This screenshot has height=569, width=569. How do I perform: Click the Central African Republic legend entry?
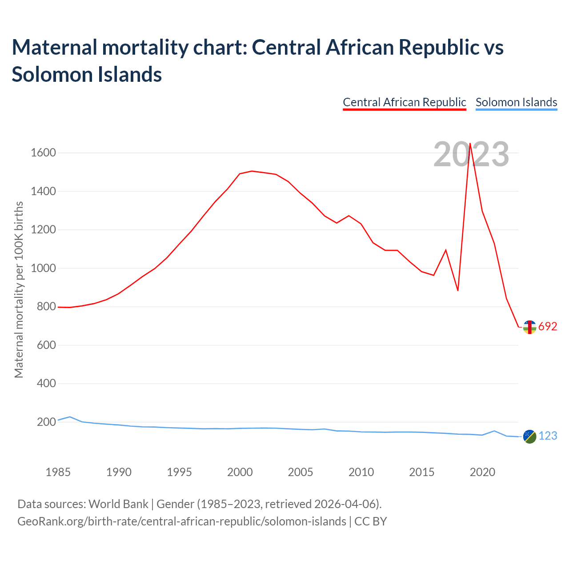click(404, 102)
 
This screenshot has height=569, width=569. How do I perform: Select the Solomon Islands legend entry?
click(516, 102)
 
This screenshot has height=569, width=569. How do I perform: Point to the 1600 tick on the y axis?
click(43, 153)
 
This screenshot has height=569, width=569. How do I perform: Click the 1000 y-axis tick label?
click(43, 268)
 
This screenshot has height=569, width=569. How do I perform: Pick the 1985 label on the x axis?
click(58, 472)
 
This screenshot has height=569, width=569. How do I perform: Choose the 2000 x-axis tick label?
click(240, 472)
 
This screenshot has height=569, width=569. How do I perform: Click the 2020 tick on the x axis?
click(482, 472)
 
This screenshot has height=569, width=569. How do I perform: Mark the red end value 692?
click(548, 327)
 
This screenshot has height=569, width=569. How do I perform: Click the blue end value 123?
click(548, 436)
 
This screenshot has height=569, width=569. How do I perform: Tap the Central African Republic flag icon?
click(529, 327)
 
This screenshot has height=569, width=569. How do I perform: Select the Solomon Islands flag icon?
click(529, 437)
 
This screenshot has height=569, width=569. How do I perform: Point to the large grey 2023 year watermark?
click(471, 155)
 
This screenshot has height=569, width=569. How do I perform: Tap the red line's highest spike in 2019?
click(470, 144)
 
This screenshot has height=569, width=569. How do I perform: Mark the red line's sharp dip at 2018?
click(458, 290)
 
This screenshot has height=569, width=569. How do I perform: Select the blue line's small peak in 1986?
click(70, 417)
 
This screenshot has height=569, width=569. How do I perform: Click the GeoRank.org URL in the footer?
click(181, 521)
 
